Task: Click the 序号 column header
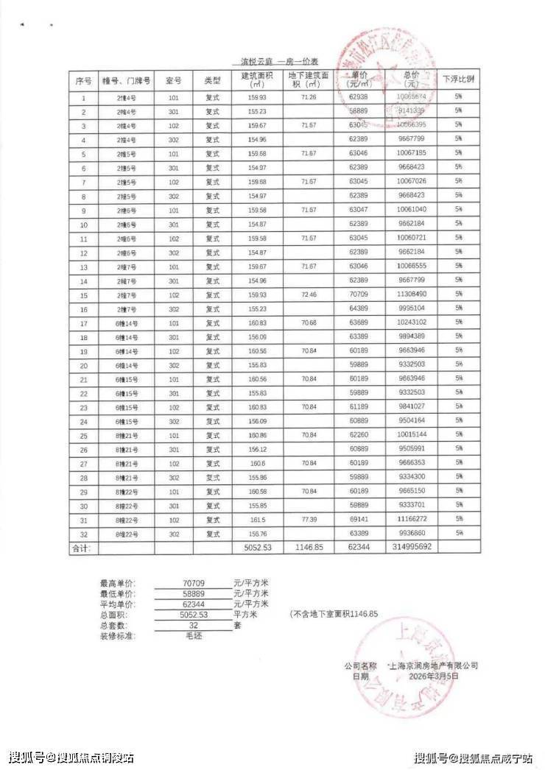[x=83, y=80]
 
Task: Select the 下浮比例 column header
[x=458, y=80]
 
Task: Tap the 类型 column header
[x=212, y=80]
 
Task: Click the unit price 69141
[x=359, y=520]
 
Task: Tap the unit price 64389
[x=359, y=308]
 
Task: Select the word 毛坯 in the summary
[x=194, y=635]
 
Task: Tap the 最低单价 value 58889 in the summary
[x=194, y=593]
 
